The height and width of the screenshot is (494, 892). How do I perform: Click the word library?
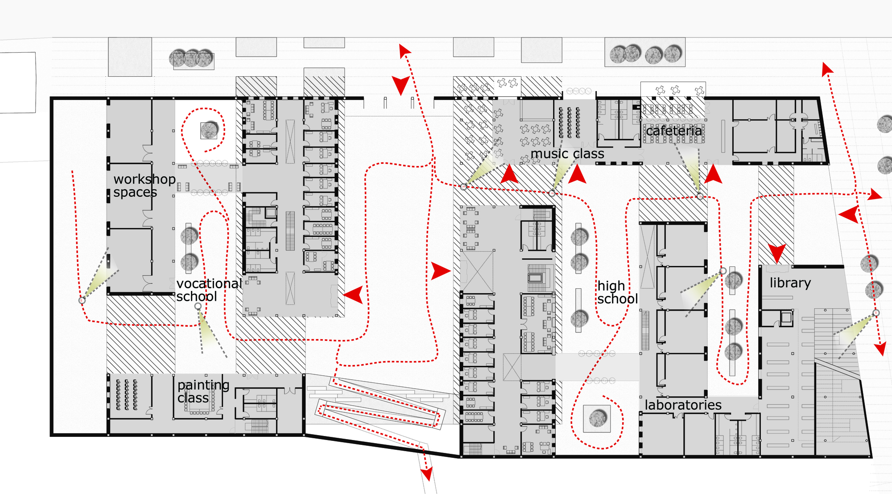(x=790, y=283)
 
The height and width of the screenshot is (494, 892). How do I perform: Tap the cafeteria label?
(x=673, y=131)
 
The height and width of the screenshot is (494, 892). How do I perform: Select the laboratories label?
(x=683, y=405)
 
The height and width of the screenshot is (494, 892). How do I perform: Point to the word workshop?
(x=145, y=179)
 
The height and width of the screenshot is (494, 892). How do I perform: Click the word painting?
(x=203, y=385)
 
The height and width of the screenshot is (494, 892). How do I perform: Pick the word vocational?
(x=209, y=284)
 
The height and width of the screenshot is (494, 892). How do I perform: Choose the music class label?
(x=567, y=154)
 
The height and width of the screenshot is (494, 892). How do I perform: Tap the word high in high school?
(x=611, y=286)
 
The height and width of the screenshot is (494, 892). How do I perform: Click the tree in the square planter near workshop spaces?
(x=209, y=130)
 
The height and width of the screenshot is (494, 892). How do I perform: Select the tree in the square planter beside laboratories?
(x=597, y=419)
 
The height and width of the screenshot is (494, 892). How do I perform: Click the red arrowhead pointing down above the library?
(x=777, y=253)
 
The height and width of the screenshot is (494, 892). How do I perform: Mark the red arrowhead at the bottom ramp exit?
(x=427, y=474)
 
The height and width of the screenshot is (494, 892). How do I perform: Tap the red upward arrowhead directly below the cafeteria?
(x=713, y=174)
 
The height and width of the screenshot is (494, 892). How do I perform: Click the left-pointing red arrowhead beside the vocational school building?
(x=354, y=295)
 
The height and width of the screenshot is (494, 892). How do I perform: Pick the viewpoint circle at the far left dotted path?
(x=82, y=300)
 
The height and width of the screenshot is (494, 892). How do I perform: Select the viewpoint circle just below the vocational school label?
(x=198, y=306)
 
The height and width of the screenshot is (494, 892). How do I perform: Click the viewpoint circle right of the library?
(x=876, y=313)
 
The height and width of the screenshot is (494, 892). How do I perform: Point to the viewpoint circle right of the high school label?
(x=723, y=271)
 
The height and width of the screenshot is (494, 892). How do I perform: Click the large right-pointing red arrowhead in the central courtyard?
(x=441, y=270)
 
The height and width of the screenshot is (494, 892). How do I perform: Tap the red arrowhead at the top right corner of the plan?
(x=827, y=69)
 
